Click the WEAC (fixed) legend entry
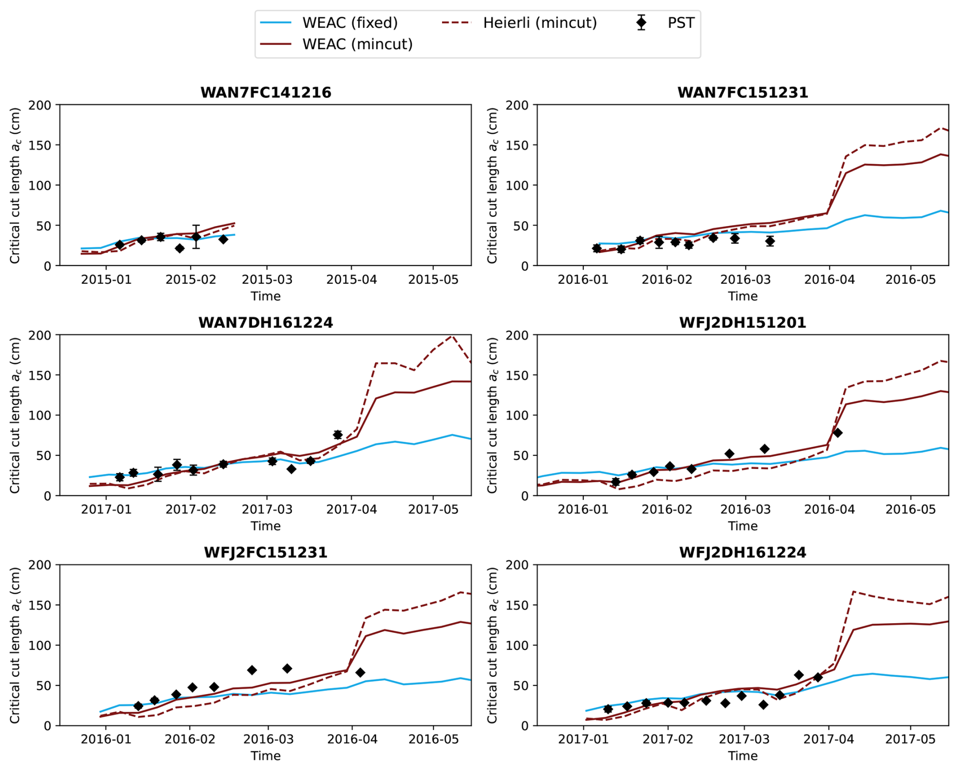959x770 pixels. (329, 23)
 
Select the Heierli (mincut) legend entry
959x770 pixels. (520, 23)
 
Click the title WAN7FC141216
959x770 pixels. (266, 93)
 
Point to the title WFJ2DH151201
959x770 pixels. (743, 323)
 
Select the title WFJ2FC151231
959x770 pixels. (266, 552)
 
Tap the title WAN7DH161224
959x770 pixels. (266, 323)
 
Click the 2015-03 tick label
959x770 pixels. (267, 280)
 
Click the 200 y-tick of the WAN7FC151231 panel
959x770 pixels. (518, 105)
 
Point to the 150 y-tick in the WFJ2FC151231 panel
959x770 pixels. (40, 605)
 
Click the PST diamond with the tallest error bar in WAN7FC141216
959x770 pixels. (196, 237)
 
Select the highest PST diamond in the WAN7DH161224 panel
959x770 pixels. (338, 435)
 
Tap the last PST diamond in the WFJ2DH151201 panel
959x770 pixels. (838, 433)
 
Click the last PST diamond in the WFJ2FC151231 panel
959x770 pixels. (360, 673)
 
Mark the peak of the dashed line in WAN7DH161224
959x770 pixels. (452, 335)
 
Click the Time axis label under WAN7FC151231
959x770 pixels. (743, 296)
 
